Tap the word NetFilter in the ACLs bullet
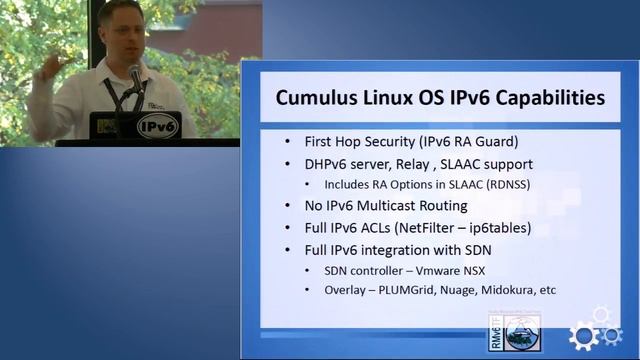tap(449, 227)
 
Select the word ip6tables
tap(526, 227)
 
